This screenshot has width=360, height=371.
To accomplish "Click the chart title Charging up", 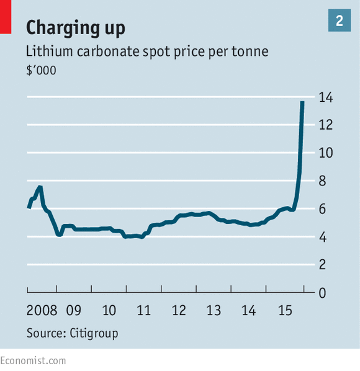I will click(75, 27).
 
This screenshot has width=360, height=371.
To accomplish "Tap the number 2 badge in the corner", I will click(340, 21).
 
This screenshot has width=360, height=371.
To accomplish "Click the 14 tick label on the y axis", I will click(325, 97).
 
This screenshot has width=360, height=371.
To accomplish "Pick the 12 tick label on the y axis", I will click(325, 125).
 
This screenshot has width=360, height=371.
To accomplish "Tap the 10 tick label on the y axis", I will click(325, 153).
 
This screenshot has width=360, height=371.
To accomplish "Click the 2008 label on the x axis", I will click(42, 310).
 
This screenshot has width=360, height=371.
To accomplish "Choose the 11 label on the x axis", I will click(144, 310).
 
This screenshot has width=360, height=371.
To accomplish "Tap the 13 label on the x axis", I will click(214, 310).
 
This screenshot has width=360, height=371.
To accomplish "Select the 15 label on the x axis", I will click(284, 310).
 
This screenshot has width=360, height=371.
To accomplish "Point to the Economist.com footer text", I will click(33, 360).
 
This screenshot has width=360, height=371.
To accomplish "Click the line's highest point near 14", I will click(302, 102).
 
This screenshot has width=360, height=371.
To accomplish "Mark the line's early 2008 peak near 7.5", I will click(40, 187).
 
